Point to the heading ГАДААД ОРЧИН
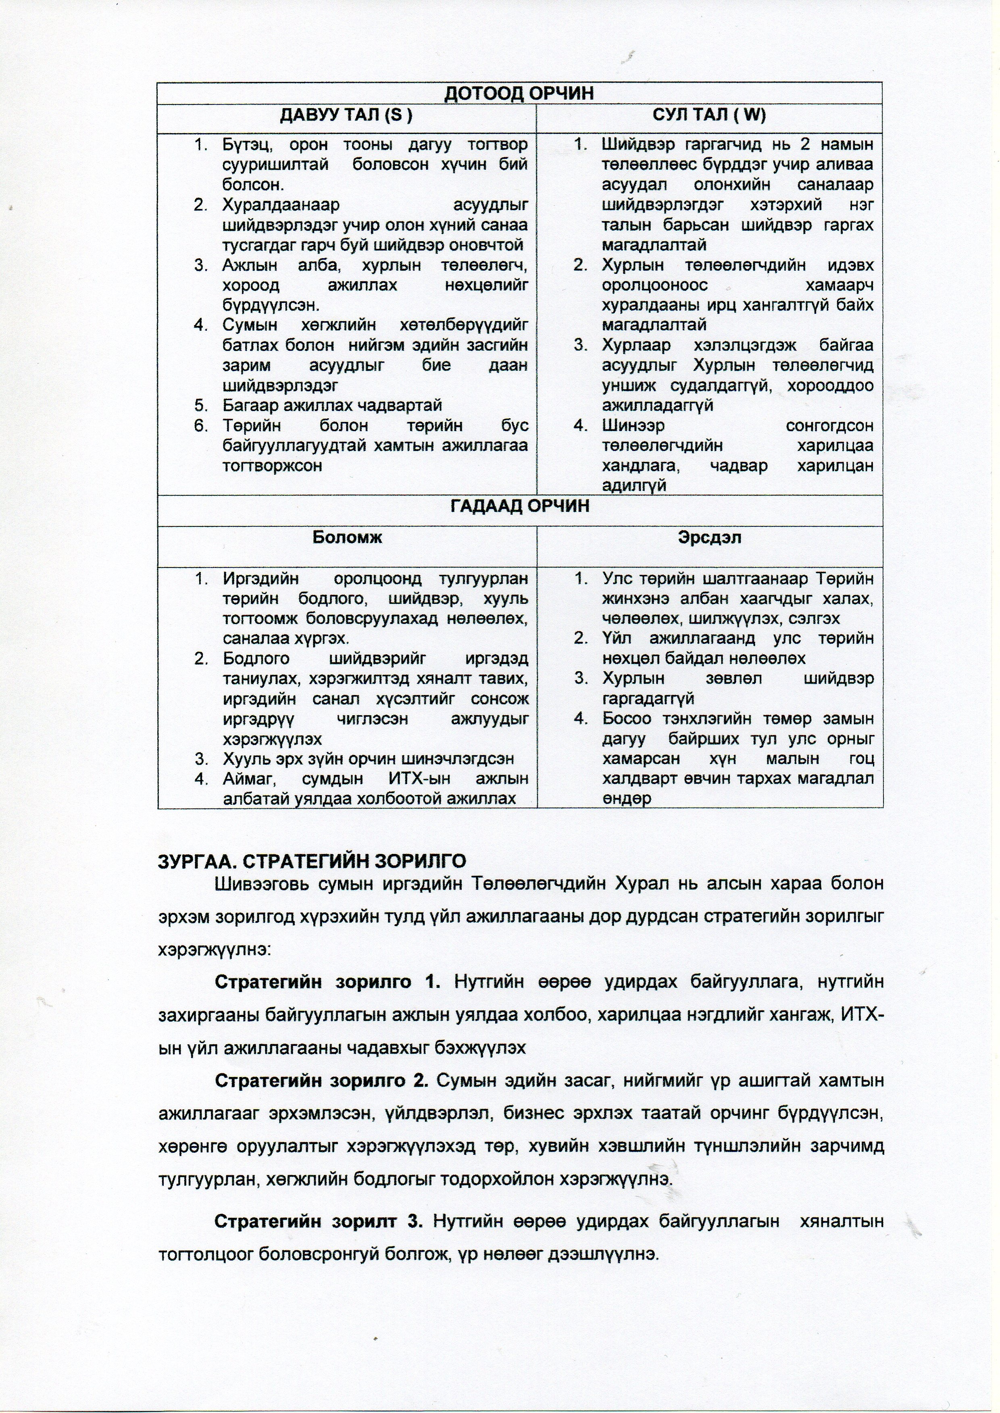click(x=520, y=506)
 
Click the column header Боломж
click(x=347, y=537)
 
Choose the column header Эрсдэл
click(x=709, y=537)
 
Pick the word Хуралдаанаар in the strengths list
click(x=281, y=205)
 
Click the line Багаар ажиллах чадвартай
click(x=333, y=405)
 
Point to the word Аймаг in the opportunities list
click(x=248, y=779)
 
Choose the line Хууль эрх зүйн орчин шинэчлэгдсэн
click(x=368, y=759)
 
